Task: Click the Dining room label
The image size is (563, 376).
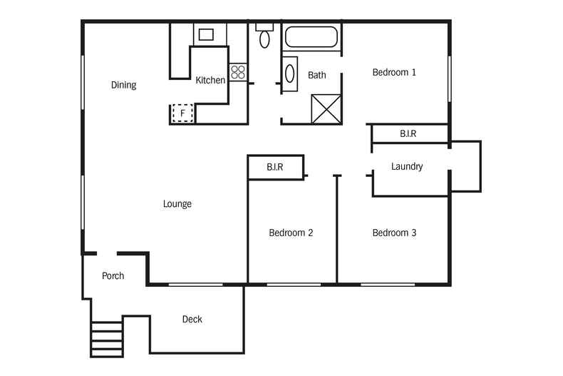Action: (123, 85)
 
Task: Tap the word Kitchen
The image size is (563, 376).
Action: (210, 80)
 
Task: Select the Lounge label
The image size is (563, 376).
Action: (177, 204)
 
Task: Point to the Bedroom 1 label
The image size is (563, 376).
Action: (394, 72)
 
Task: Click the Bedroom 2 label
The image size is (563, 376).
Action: (291, 233)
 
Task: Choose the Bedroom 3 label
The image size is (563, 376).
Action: (394, 233)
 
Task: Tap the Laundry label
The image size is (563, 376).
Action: (407, 166)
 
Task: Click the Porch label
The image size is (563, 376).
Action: (113, 275)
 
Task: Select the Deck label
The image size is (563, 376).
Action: (192, 319)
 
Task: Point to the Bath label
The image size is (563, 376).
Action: (317, 75)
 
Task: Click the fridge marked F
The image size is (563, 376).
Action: (182, 113)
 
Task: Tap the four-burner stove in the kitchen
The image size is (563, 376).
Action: (238, 72)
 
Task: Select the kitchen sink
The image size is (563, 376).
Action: (206, 34)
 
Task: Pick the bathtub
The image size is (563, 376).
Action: (311, 36)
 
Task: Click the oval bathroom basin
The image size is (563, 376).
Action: (290, 73)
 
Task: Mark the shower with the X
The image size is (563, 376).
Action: (326, 109)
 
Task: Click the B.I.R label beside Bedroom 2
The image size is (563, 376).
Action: (274, 167)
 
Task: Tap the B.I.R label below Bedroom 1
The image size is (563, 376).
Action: (408, 133)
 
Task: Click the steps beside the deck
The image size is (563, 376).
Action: (107, 340)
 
